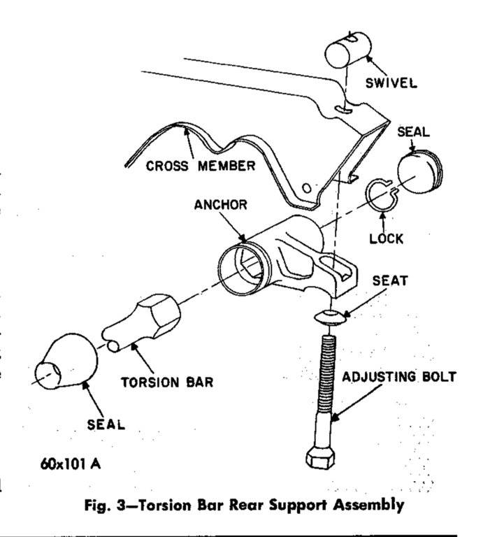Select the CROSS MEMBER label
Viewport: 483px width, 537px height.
coord(201,166)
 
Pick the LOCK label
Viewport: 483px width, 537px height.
coord(387,238)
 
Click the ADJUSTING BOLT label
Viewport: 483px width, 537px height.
coord(400,378)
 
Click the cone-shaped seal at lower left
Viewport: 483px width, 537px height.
coord(69,364)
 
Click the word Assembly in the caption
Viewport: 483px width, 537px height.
coord(375,503)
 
